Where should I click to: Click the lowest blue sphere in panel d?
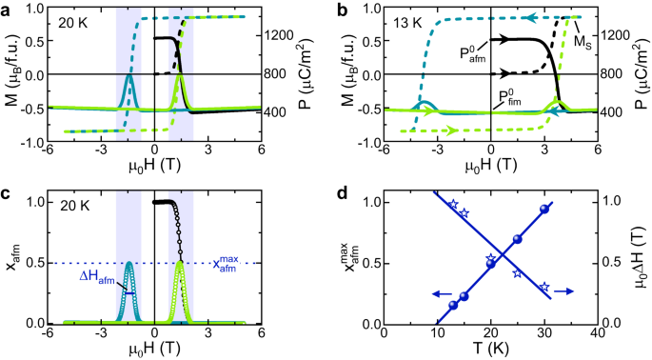[x=453, y=305]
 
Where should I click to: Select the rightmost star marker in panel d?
[x=544, y=286]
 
